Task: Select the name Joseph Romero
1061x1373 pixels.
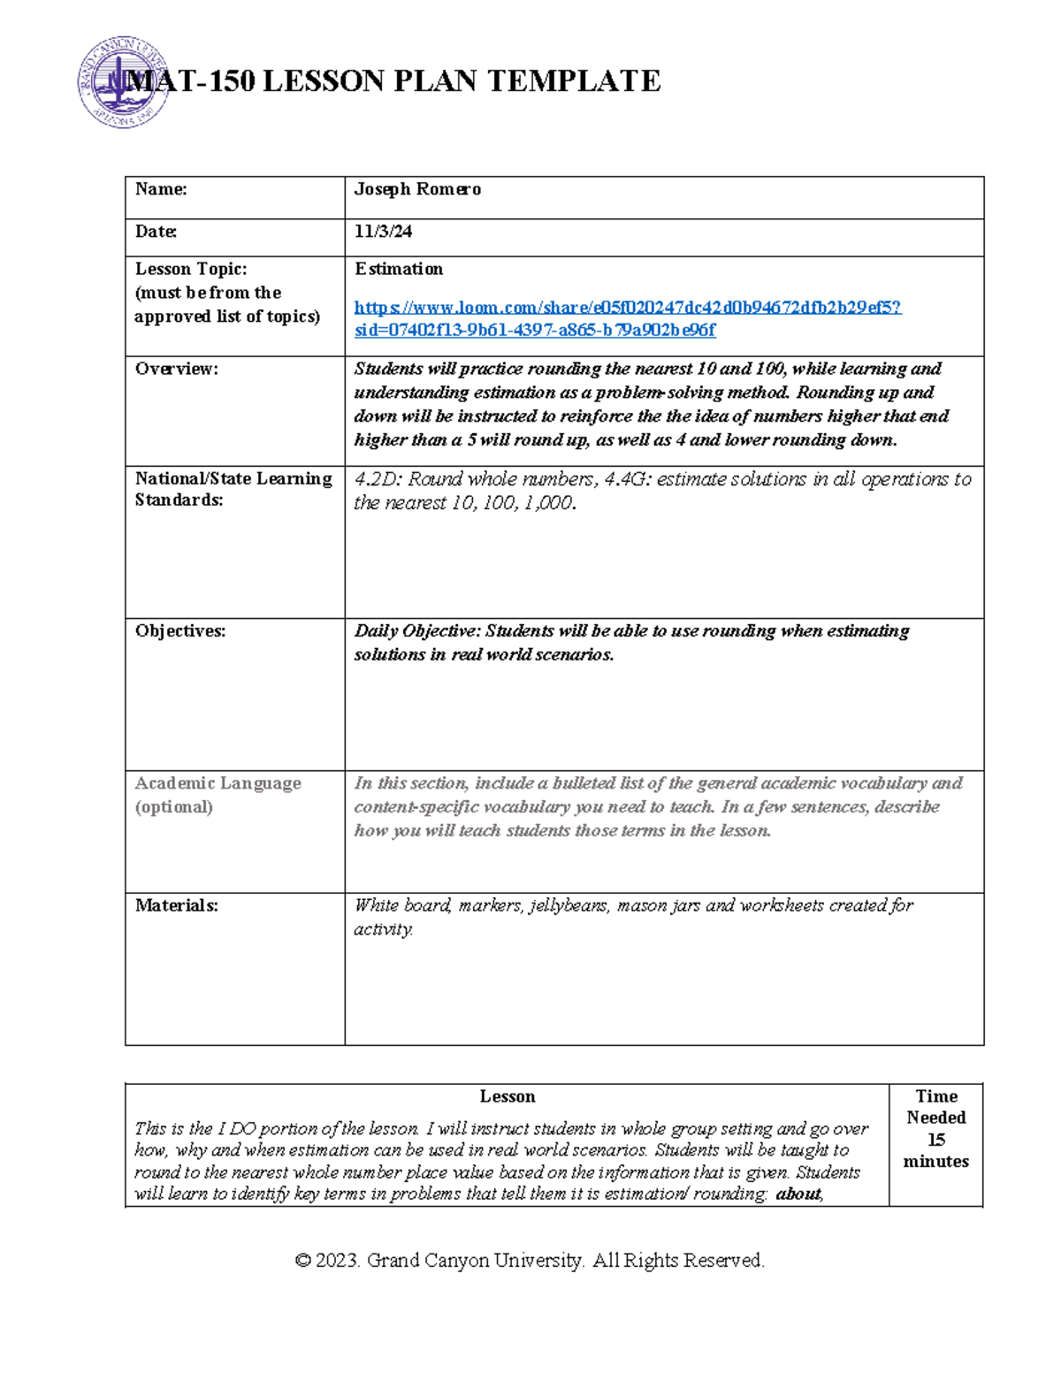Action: click(417, 189)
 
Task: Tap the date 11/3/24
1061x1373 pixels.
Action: click(383, 232)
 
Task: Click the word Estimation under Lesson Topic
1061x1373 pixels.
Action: click(398, 269)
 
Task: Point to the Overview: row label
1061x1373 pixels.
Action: click(176, 369)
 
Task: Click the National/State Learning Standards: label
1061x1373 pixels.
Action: click(233, 489)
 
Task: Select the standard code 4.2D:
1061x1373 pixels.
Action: click(378, 479)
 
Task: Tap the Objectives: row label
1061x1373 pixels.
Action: click(179, 631)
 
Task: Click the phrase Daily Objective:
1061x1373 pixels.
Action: click(416, 631)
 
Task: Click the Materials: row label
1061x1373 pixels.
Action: click(176, 905)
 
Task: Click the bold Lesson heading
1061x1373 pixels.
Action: click(507, 1096)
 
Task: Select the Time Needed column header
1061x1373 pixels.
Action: click(935, 1107)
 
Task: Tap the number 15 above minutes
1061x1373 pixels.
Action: click(935, 1140)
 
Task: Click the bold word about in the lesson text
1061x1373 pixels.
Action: click(798, 1194)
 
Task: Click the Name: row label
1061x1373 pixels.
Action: click(160, 189)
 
